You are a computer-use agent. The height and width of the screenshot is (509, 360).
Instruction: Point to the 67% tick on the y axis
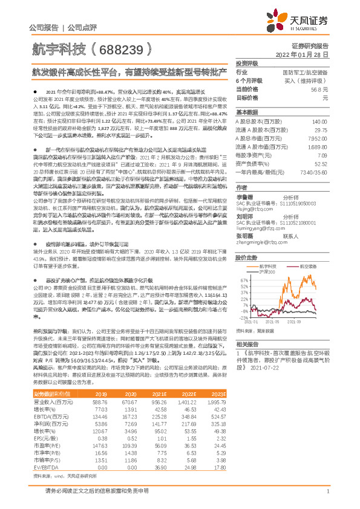point(244,264)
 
